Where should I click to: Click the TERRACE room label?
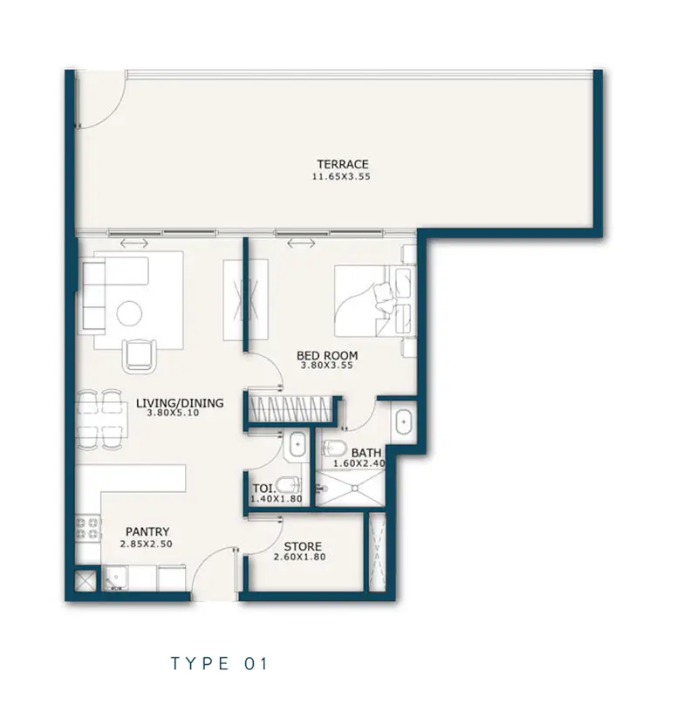click(343, 164)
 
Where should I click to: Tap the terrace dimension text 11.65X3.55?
click(341, 176)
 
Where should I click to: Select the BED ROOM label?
click(327, 355)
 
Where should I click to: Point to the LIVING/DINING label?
click(180, 403)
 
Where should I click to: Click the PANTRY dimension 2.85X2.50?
click(147, 544)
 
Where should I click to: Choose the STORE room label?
click(303, 546)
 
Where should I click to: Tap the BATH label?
click(366, 453)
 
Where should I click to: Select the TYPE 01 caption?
click(219, 663)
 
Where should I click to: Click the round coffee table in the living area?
click(129, 313)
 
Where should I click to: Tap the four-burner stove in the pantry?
click(87, 527)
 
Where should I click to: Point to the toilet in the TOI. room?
click(288, 484)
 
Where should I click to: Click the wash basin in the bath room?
click(403, 421)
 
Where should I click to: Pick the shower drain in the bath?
click(354, 489)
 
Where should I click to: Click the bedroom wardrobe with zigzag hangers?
click(290, 408)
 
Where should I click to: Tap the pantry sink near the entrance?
click(115, 579)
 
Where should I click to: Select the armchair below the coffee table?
click(140, 354)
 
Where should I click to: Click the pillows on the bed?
click(383, 298)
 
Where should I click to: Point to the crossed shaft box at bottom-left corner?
click(86, 580)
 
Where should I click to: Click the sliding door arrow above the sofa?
click(134, 243)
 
